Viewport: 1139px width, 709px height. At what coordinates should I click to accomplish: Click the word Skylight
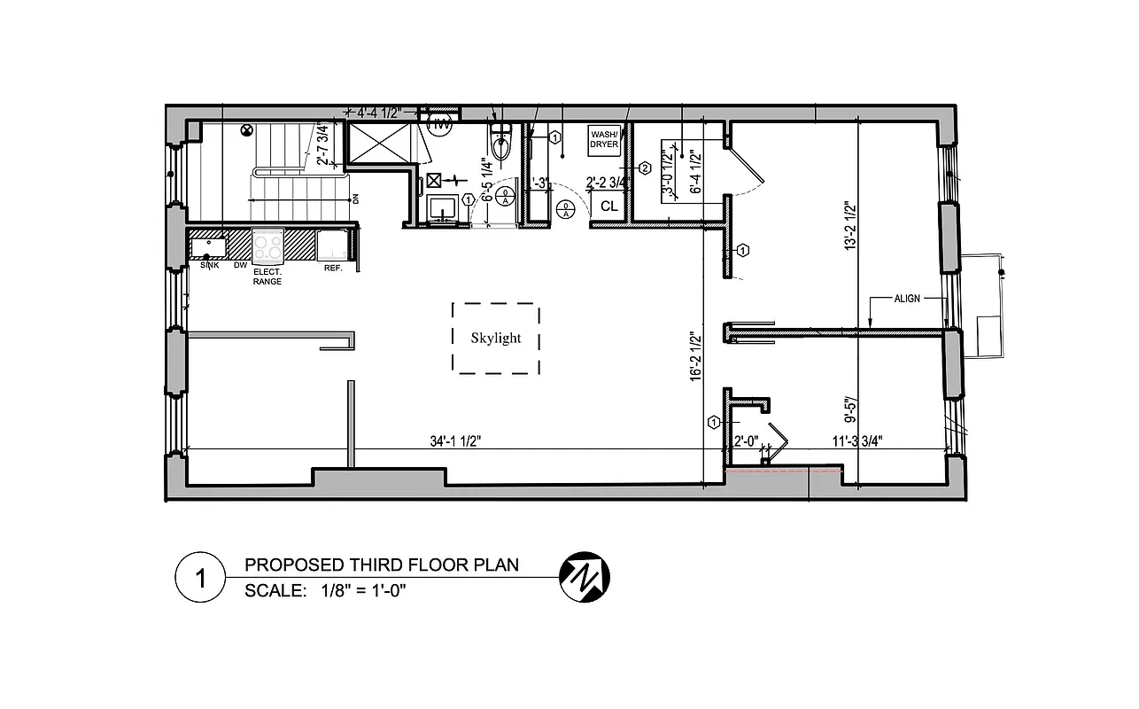click(x=495, y=338)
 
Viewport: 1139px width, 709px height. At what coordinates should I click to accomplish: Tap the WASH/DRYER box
click(x=604, y=138)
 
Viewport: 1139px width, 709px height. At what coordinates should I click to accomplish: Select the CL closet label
click(x=608, y=206)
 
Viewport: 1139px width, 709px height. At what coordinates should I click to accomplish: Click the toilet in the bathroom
click(x=501, y=143)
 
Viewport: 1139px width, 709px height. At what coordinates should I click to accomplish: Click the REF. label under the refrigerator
click(x=333, y=268)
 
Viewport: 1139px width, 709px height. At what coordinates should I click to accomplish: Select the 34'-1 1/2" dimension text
click(x=455, y=440)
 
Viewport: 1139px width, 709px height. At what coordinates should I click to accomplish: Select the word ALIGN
click(x=907, y=299)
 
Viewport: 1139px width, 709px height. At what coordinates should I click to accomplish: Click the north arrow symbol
click(x=585, y=577)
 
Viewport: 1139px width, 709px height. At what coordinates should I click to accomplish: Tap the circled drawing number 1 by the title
click(x=199, y=580)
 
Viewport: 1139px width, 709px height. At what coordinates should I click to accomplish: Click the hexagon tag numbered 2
click(x=645, y=168)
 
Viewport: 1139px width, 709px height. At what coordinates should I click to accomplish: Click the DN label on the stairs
click(x=355, y=199)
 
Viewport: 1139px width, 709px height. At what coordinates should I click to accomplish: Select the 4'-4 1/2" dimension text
click(x=379, y=113)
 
